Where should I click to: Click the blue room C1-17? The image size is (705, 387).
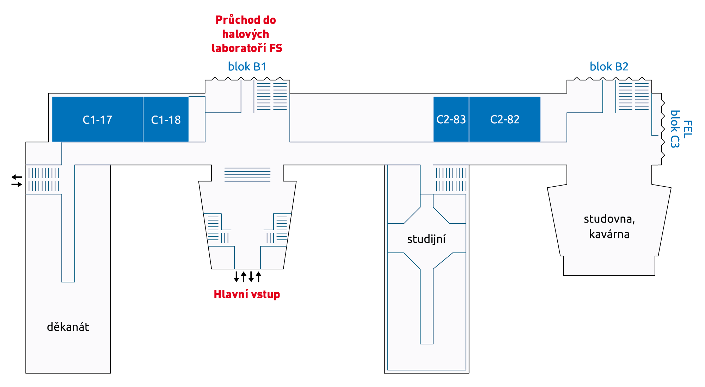97,119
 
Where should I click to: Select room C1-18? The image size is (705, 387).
166,119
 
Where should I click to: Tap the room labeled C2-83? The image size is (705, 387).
451,119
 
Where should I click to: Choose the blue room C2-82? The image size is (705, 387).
505,119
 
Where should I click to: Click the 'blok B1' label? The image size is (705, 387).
247,67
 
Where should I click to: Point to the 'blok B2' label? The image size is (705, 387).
609,67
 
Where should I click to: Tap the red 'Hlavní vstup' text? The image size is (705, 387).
247,294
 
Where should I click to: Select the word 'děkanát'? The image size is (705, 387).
68,327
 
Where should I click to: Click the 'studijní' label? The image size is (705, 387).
427,239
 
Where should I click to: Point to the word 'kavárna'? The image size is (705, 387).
609,234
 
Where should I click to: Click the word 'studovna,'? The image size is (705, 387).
609,219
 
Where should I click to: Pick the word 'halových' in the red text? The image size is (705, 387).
246,34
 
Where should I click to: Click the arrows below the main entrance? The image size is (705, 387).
247,277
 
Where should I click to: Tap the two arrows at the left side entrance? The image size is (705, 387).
17,181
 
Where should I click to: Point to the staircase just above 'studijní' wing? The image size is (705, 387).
451,180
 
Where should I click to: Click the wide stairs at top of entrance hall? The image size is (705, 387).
247,175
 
